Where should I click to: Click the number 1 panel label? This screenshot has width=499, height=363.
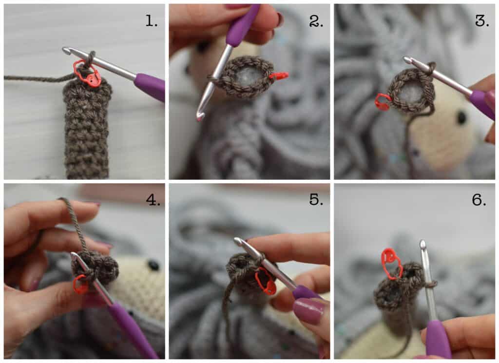tap(151, 21)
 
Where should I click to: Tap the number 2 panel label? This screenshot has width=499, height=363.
tap(316, 21)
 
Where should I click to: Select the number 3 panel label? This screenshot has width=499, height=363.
tap(482, 21)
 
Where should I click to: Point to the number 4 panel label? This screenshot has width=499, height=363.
tap(153, 200)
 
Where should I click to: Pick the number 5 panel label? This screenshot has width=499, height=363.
tap(316, 200)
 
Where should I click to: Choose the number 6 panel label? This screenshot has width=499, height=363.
tap(479, 200)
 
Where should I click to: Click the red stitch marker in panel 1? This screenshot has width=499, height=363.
tap(87, 73)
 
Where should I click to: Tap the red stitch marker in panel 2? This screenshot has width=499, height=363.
tap(279, 76)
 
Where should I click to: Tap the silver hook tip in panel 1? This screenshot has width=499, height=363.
tap(67, 50)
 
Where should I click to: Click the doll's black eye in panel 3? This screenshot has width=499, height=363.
tap(461, 118)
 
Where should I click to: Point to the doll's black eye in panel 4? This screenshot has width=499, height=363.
tap(154, 265)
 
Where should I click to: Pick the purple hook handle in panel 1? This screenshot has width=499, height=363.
tap(150, 87)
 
